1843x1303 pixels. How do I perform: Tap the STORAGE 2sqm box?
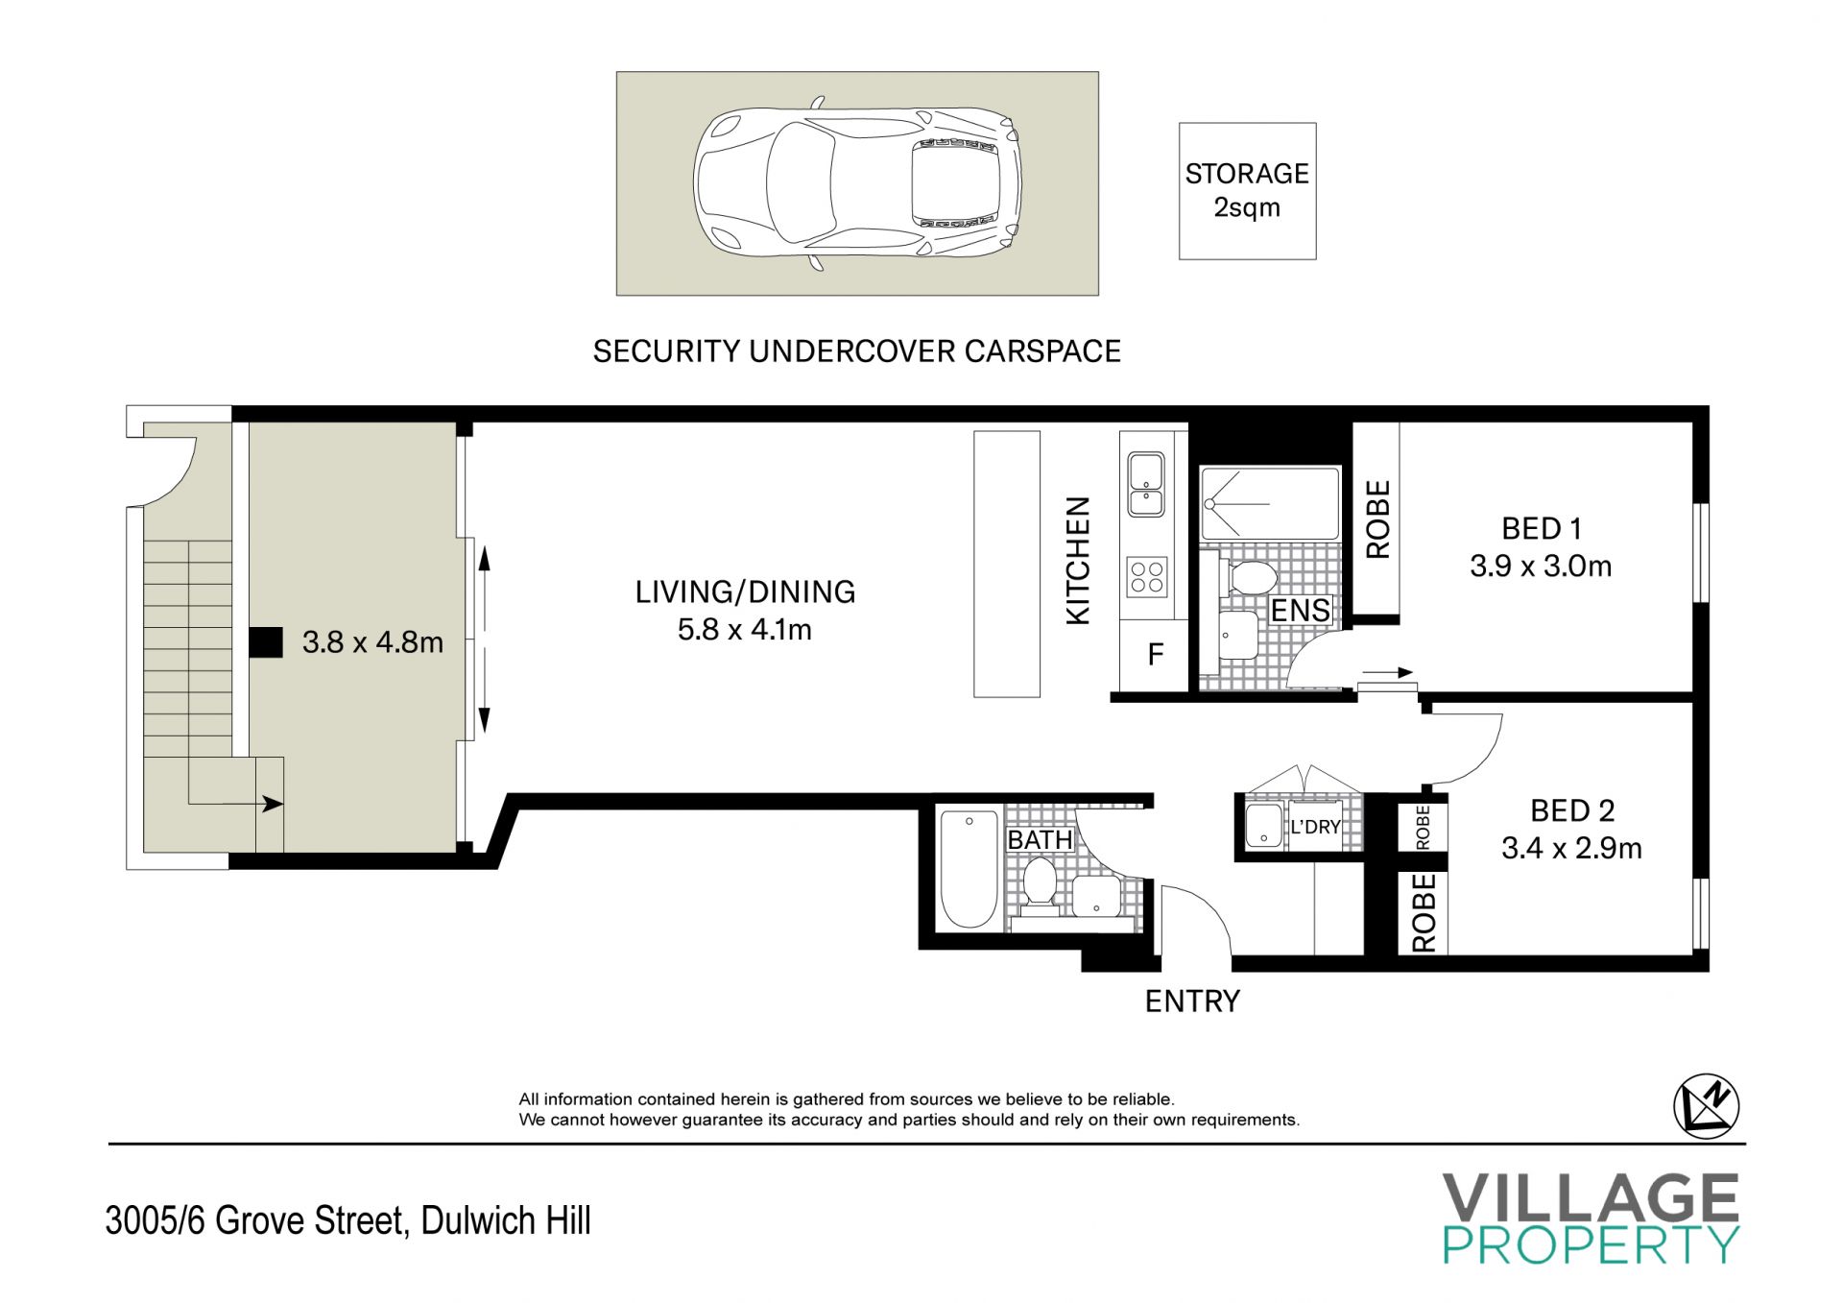(x=1247, y=191)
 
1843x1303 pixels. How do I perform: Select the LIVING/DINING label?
(x=745, y=592)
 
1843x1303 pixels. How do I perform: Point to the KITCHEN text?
(x=1079, y=561)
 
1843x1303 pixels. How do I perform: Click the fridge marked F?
(x=1155, y=655)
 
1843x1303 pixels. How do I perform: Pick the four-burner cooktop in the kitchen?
(x=1148, y=576)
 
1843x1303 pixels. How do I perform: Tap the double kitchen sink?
(x=1147, y=486)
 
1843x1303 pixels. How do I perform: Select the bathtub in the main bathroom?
(x=969, y=870)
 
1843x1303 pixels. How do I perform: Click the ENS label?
(x=1301, y=611)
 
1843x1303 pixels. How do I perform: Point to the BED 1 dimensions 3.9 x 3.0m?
(x=1541, y=567)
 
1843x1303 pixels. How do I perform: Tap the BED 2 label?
(x=1572, y=811)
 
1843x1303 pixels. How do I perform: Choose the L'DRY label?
(x=1315, y=827)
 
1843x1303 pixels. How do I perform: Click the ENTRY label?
(x=1192, y=1001)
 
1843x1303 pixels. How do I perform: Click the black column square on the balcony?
(x=266, y=642)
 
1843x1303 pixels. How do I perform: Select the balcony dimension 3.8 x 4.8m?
(x=372, y=642)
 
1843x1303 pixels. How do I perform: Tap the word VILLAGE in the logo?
(x=1591, y=1198)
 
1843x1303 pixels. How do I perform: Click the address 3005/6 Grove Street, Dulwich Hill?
(x=348, y=1220)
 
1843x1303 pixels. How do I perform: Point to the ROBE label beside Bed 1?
(x=1377, y=519)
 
